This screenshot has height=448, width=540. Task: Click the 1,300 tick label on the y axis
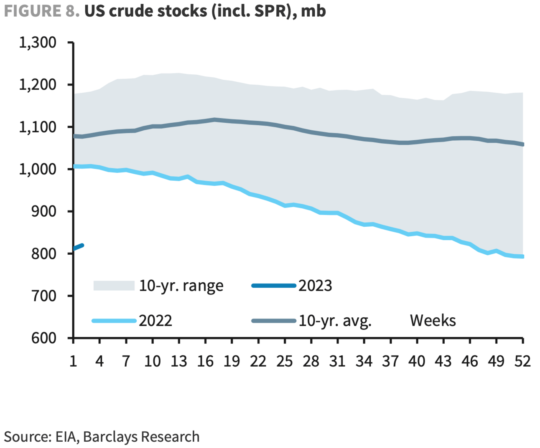coord(38,42)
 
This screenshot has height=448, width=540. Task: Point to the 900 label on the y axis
coord(44,211)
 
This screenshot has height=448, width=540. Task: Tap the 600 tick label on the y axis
coord(44,338)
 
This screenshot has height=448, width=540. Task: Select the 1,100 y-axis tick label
coord(38,127)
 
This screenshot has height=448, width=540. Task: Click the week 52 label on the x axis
coord(522,361)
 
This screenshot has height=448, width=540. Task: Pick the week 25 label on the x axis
coord(285,361)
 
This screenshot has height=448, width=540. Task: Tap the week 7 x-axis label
coord(126,361)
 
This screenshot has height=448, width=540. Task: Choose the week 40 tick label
coord(417,361)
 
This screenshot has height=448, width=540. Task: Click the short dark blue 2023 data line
coord(79,247)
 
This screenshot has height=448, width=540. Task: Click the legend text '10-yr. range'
coord(181,286)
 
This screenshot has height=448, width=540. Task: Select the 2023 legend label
coord(315,286)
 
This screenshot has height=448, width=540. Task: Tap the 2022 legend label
coord(155,321)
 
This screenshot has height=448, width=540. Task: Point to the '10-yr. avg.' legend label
coord(335,321)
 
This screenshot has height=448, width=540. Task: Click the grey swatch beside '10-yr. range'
coord(114,286)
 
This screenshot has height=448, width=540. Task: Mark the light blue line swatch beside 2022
coord(114,321)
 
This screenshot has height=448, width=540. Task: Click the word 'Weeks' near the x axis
coord(433,321)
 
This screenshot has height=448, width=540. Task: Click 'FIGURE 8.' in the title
coord(42,11)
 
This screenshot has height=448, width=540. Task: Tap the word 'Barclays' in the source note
coord(110,437)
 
